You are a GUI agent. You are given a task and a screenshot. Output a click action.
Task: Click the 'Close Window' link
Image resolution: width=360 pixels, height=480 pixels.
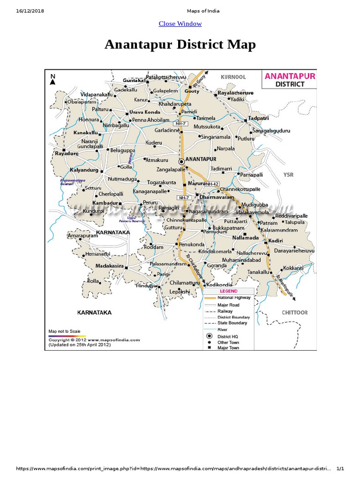180,23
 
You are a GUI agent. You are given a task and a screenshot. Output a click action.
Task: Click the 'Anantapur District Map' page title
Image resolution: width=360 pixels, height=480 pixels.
180,45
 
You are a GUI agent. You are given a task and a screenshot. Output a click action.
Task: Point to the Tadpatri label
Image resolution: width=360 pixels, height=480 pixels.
259,118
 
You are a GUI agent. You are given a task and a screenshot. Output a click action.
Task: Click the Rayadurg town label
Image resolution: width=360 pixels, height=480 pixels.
67,153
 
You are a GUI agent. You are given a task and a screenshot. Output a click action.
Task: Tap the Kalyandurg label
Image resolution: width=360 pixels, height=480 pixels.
84,170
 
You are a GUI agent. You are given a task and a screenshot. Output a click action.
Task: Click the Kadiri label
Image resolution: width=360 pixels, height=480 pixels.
276,240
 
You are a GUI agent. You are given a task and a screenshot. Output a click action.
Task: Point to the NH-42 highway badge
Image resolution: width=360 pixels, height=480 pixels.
212,184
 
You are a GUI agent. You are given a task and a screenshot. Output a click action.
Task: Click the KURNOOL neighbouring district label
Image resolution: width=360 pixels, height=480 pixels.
233,77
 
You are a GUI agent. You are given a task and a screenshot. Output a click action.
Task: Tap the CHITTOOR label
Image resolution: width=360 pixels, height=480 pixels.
294,312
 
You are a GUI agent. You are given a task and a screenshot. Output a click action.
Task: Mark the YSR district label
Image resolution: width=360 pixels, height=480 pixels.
288,174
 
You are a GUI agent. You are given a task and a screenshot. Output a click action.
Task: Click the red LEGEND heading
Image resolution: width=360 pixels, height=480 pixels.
229,291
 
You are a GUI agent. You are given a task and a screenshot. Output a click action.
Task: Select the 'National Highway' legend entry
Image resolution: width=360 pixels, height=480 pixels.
234,298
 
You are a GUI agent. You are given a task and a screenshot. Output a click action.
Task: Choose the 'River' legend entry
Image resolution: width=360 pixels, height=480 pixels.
222,330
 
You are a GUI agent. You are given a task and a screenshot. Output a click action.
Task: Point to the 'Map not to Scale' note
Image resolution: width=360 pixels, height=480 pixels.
65,331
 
